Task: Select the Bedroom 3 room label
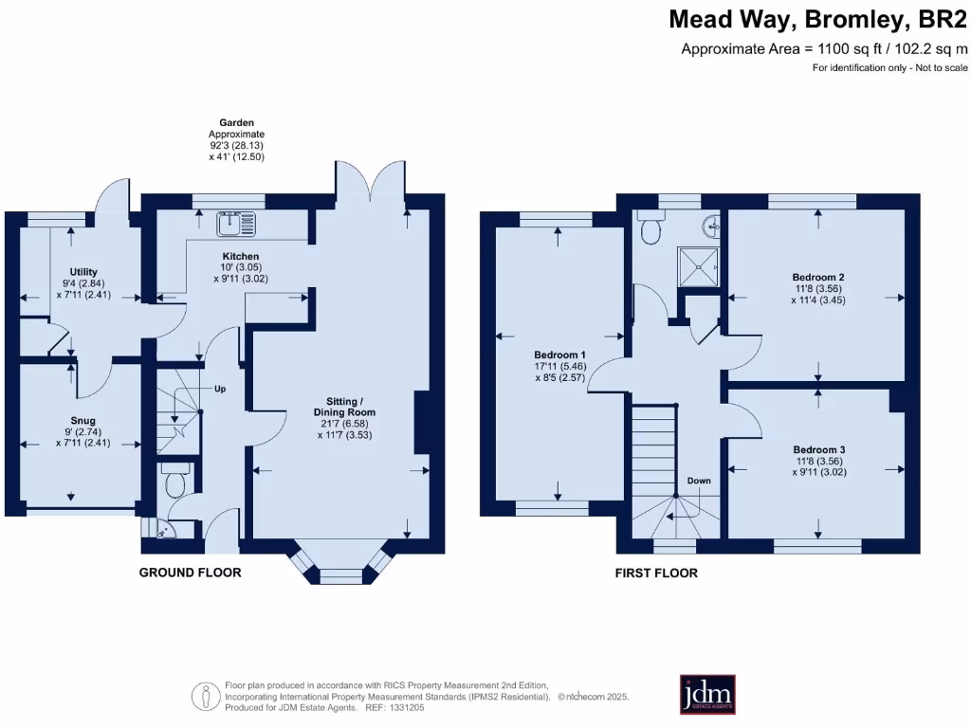click(x=819, y=449)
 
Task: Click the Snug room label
click(x=82, y=421)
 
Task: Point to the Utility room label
click(x=82, y=272)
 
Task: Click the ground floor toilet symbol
click(x=175, y=482)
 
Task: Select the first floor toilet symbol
click(x=650, y=229)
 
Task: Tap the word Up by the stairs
click(x=220, y=389)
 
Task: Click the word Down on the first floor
click(x=699, y=481)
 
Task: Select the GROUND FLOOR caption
click(x=190, y=573)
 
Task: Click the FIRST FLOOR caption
click(x=656, y=573)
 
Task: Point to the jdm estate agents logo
click(x=707, y=695)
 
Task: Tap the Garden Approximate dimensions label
click(x=236, y=140)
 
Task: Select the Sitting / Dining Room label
click(x=344, y=412)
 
